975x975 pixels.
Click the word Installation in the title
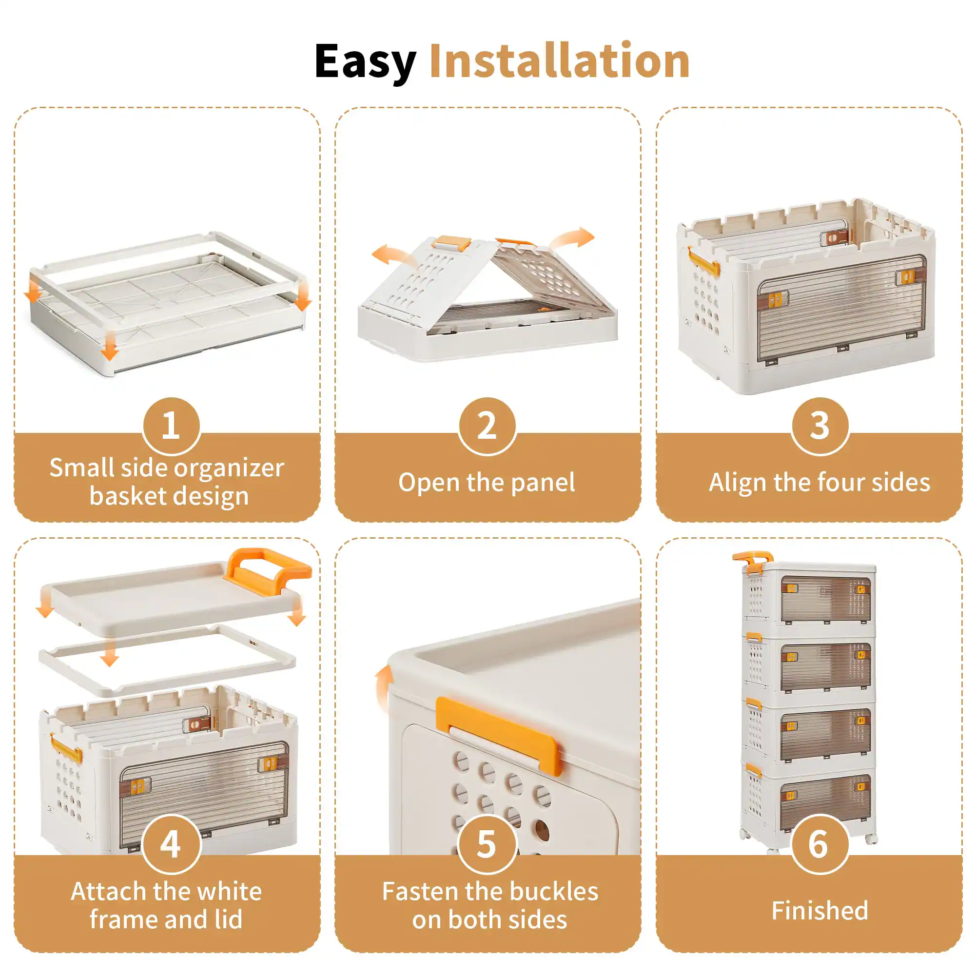[560, 61]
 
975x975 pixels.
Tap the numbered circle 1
[172, 426]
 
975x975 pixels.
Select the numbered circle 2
[487, 426]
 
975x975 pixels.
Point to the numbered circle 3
[819, 426]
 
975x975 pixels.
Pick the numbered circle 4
[172, 844]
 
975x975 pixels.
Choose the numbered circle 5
[487, 844]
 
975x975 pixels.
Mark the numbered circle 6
[819, 844]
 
